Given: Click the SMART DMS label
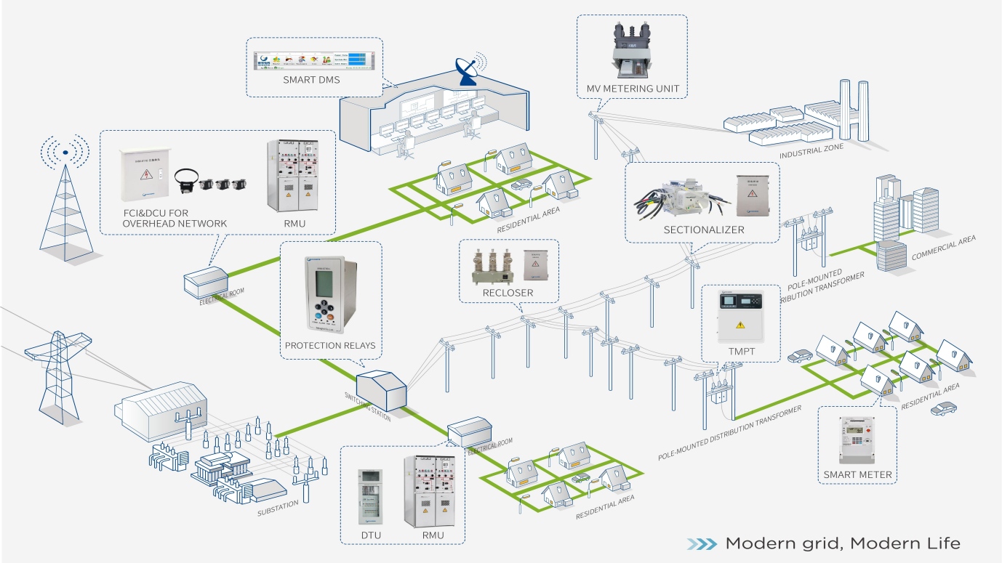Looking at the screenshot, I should coord(311,81).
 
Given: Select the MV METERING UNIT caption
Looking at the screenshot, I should coord(633,89).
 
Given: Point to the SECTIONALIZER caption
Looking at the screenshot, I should coord(704,230).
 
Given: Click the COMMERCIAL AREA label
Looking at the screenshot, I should coord(943,248).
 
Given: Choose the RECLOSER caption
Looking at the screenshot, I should coord(508,293).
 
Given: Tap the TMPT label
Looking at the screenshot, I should coord(739,351).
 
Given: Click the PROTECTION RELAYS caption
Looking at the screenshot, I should coord(330,345).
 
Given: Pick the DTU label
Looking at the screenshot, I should coord(371,535).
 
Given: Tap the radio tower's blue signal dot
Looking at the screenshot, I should coord(65,153).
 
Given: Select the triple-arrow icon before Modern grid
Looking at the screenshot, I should coord(702,543).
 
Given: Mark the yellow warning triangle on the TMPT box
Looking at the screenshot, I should coord(740,324).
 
